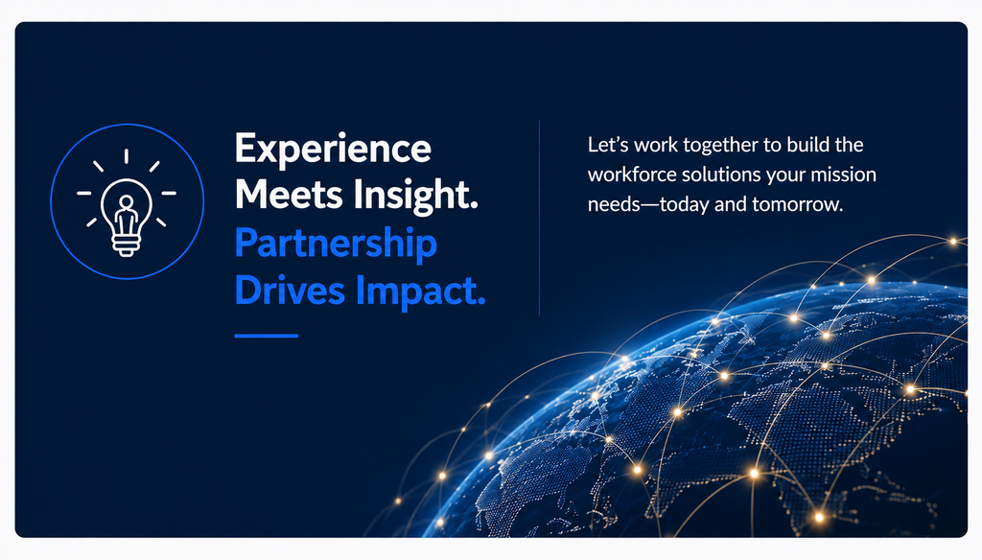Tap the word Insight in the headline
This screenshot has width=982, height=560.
pos(414,197)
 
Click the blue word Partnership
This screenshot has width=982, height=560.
pos(336,245)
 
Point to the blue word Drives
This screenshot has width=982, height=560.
pos(290,290)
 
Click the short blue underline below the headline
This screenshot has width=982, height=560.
pos(267,336)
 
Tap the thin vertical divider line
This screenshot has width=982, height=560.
pos(539,218)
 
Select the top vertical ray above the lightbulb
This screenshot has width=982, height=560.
pos(127,156)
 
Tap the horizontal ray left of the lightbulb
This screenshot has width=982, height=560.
pos(84,194)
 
